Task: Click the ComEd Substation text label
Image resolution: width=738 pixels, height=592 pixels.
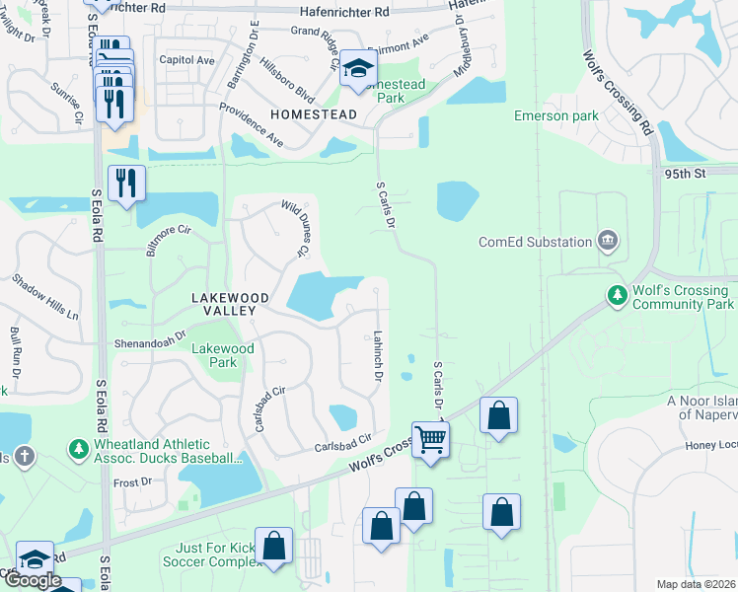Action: [534, 242]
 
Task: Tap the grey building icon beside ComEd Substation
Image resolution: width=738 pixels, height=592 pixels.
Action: [607, 241]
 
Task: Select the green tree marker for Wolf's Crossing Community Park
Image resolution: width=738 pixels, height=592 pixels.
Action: [618, 296]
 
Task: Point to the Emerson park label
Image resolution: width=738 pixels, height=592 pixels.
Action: [556, 116]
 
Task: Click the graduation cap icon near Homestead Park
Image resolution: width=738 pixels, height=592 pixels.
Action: [356, 70]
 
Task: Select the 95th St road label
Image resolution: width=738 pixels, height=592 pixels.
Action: [687, 173]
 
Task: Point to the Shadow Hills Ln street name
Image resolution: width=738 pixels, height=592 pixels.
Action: [45, 296]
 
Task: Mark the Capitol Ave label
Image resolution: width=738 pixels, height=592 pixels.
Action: [187, 60]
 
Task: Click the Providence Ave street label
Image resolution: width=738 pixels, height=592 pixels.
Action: [251, 124]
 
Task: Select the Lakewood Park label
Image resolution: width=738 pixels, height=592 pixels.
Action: [222, 355]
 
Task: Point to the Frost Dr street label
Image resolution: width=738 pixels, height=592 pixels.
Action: [132, 482]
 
